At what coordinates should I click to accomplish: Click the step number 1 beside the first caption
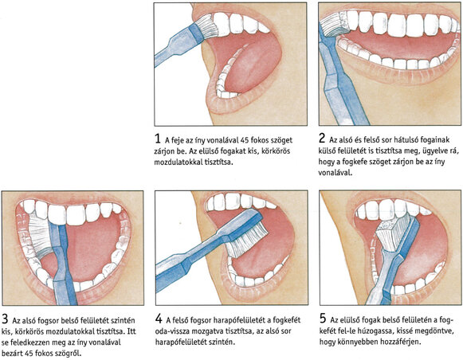coord(157,139)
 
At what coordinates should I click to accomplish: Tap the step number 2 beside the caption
coord(322,138)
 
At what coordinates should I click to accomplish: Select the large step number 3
coord(5,319)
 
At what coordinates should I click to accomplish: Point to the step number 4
coord(159,319)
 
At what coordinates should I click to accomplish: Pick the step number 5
coord(323,319)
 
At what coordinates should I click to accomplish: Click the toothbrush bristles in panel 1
coord(207,26)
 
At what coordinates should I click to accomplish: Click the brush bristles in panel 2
coord(335,25)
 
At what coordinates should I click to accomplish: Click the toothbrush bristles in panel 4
coord(248,241)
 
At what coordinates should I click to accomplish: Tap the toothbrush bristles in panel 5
coord(392,233)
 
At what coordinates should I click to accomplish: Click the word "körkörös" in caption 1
coord(276,151)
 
